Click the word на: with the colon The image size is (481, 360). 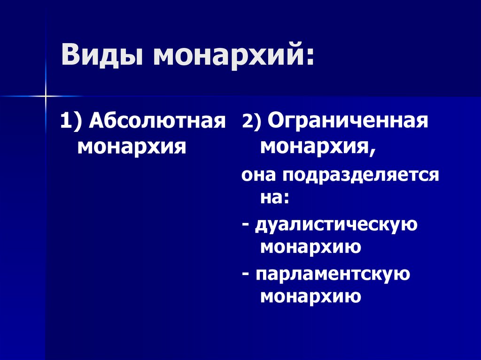tap(274, 198)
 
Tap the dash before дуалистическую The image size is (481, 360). tap(246, 225)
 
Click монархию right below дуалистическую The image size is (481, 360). tap(310, 246)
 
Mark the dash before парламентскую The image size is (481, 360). tap(246, 275)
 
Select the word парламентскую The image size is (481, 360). tap(333, 274)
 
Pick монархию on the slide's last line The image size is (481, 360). tap(310, 296)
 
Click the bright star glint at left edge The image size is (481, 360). tap(46, 96)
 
